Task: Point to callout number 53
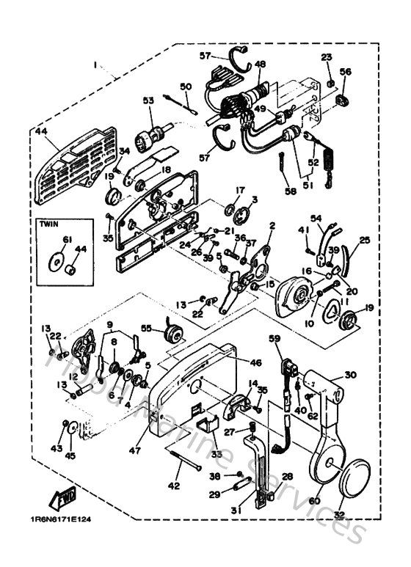148,100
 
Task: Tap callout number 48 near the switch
260,65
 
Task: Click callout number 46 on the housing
255,363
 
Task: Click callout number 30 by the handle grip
350,375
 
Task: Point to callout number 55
146,329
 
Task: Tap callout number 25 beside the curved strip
365,240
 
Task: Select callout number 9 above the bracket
110,325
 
